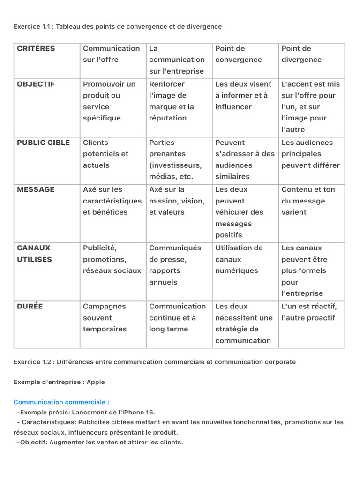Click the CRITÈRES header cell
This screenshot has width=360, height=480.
36,49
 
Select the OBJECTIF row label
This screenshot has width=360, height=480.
36,84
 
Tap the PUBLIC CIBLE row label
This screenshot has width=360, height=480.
43,143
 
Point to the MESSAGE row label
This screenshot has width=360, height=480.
36,190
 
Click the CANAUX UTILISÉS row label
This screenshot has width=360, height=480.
34,254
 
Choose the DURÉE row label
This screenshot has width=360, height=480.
30,307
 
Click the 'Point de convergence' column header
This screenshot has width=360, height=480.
239,54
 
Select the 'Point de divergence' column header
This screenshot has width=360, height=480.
301,54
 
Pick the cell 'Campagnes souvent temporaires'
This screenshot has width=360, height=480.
105,318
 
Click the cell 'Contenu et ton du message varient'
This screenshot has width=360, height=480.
308,201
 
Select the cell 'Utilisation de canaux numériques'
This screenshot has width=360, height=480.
239,259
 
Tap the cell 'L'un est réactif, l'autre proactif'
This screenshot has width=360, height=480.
309,312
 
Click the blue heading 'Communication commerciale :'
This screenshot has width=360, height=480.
61,402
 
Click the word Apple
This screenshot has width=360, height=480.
96,382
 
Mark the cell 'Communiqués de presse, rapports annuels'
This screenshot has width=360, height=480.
175,265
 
